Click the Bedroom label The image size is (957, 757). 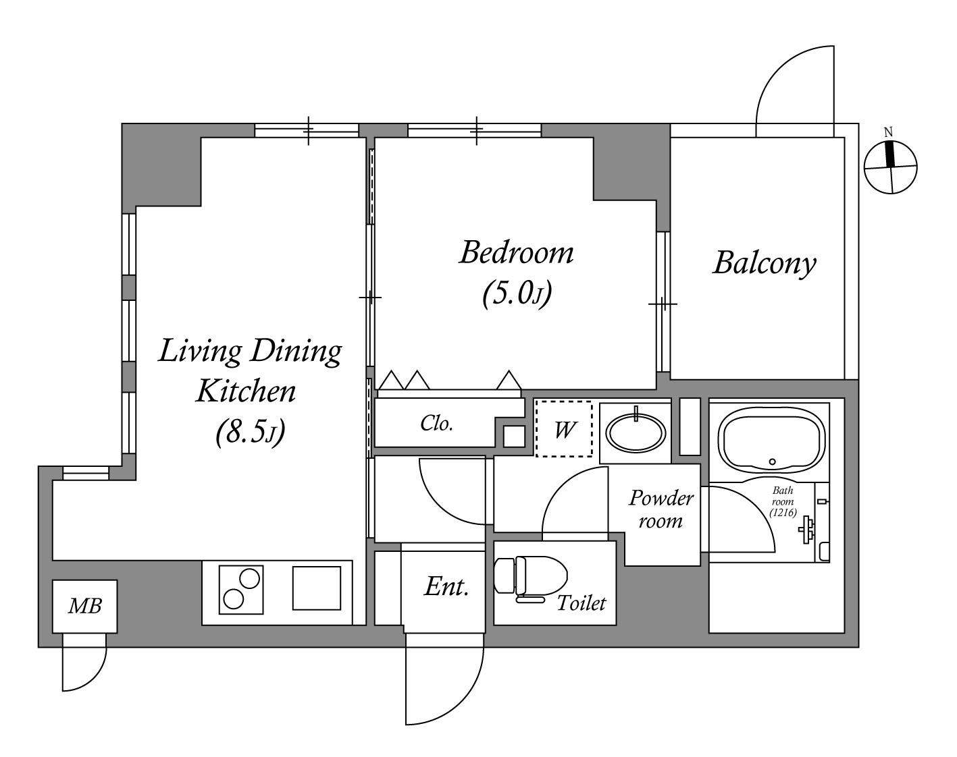516,252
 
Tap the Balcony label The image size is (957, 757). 765,263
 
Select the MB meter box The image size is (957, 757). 84,606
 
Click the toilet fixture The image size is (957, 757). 530,578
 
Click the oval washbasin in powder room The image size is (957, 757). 636,432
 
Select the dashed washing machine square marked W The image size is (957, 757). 564,428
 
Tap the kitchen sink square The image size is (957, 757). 317,588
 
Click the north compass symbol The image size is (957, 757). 890,167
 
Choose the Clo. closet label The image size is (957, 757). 436,424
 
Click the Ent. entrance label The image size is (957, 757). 446,586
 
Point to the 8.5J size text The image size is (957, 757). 250,432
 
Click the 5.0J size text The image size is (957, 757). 517,293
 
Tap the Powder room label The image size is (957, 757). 661,509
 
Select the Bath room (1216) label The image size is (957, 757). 783,501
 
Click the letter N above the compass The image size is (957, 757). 888,132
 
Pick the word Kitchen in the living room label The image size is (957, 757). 246,391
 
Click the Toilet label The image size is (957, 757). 581,603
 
